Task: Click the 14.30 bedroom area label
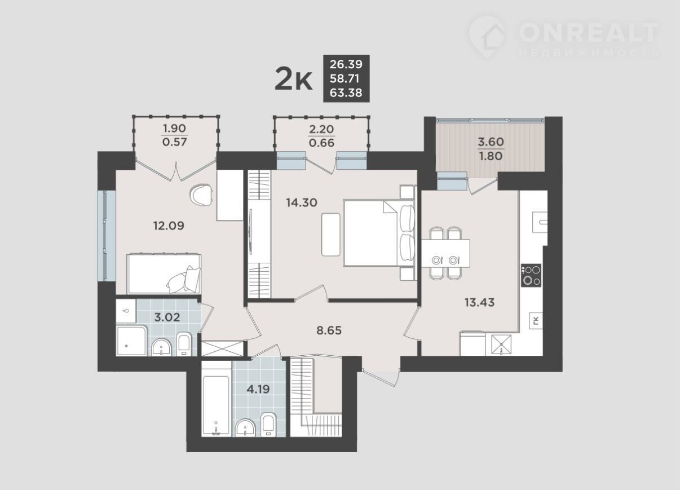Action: pyautogui.click(x=302, y=202)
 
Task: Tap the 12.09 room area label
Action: pyautogui.click(x=169, y=226)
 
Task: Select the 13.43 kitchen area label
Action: pyautogui.click(x=480, y=302)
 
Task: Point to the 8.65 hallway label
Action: pyautogui.click(x=329, y=330)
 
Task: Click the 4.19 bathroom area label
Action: pyautogui.click(x=258, y=389)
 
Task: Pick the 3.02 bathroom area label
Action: pyautogui.click(x=167, y=317)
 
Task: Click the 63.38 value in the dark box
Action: pyautogui.click(x=346, y=93)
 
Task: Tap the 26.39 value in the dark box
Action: pyautogui.click(x=346, y=64)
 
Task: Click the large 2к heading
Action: pyautogui.click(x=293, y=80)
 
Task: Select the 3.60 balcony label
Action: pyautogui.click(x=491, y=142)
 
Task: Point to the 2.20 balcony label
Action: pyautogui.click(x=321, y=129)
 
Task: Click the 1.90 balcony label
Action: pyautogui.click(x=175, y=129)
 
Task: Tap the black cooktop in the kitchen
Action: pyautogui.click(x=531, y=275)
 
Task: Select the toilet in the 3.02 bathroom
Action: pyautogui.click(x=184, y=344)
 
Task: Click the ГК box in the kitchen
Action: pyautogui.click(x=536, y=320)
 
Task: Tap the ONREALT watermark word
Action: pyautogui.click(x=588, y=33)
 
